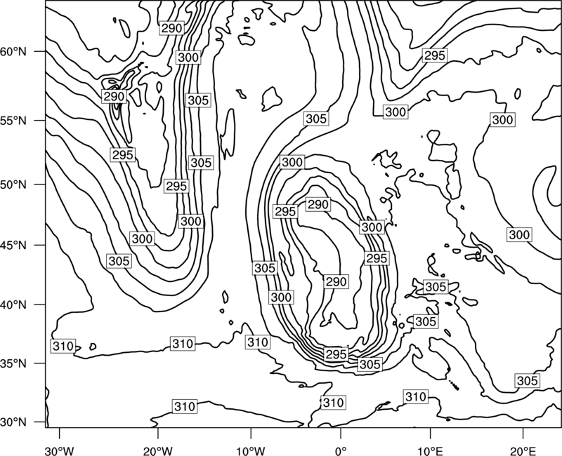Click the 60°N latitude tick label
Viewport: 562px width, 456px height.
13,52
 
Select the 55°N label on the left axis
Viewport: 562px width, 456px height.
13,121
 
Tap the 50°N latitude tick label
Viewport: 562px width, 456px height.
13,185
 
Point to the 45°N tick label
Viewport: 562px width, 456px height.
13,245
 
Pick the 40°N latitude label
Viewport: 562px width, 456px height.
13,305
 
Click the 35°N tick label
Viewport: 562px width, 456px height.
13,363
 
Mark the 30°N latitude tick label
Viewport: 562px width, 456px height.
13,422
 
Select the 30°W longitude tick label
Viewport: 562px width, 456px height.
60,450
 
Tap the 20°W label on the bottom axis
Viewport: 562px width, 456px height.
158,450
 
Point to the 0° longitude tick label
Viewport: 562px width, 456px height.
341,450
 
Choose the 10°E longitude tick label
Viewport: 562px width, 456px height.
430,450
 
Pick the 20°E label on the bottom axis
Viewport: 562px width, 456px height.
523,450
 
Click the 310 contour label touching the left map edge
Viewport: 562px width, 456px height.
63,346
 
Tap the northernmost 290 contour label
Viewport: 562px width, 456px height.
172,28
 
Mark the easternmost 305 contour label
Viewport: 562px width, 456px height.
528,380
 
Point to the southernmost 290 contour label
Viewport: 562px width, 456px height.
336,282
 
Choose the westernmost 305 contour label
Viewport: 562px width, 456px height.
119,261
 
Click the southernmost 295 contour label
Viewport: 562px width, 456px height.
336,354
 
